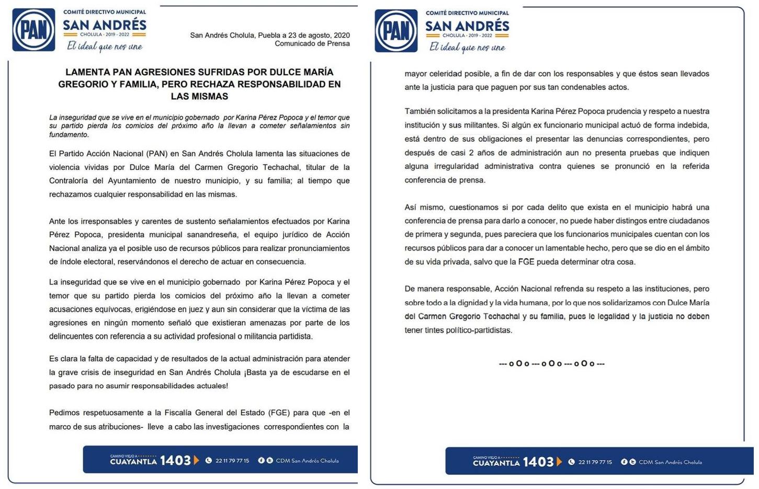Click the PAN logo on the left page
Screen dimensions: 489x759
[x=33, y=30]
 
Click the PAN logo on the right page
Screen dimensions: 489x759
[x=396, y=31]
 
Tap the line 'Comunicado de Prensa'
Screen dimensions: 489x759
[x=312, y=43]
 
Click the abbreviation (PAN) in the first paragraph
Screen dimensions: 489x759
[x=157, y=154]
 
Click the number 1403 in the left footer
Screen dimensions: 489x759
[x=175, y=461]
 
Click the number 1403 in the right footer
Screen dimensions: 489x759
[x=538, y=462]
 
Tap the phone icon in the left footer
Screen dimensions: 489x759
[x=209, y=461]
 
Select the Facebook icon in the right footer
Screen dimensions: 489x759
[x=624, y=462]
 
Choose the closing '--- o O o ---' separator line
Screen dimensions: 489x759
[x=552, y=363]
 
